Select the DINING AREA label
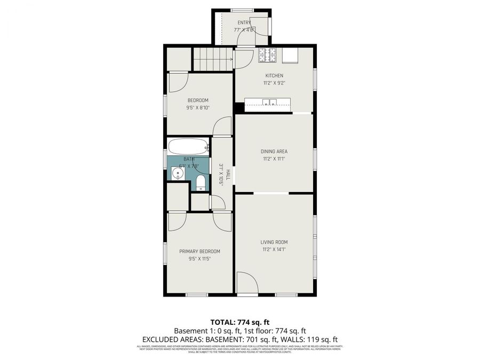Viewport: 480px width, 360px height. point(274,151)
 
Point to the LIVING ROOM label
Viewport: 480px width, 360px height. point(274,242)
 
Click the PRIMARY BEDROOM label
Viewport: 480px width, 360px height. point(199,252)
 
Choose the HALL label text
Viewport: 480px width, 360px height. point(228,174)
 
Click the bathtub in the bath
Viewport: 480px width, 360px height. point(188,146)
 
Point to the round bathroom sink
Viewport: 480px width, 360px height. point(177,174)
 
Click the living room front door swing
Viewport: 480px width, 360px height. point(247,283)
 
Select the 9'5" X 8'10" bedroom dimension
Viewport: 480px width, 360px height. point(198,108)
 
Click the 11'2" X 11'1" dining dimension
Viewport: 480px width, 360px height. point(274,159)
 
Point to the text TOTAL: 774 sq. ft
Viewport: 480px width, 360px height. point(239,322)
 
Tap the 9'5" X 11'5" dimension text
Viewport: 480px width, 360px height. point(199,259)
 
